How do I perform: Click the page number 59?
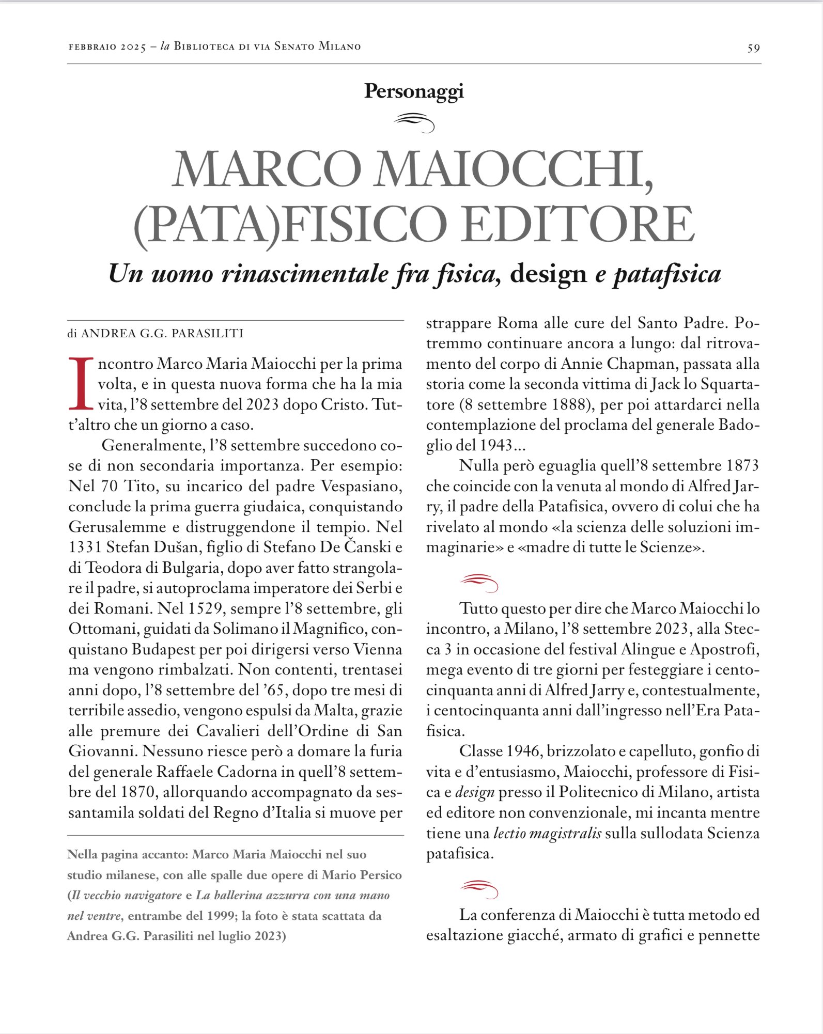(753, 48)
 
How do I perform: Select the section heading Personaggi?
(414, 91)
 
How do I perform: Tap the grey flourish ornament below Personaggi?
(414, 123)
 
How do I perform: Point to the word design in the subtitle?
(548, 274)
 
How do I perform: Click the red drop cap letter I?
(80, 383)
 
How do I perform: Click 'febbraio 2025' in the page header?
(107, 47)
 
